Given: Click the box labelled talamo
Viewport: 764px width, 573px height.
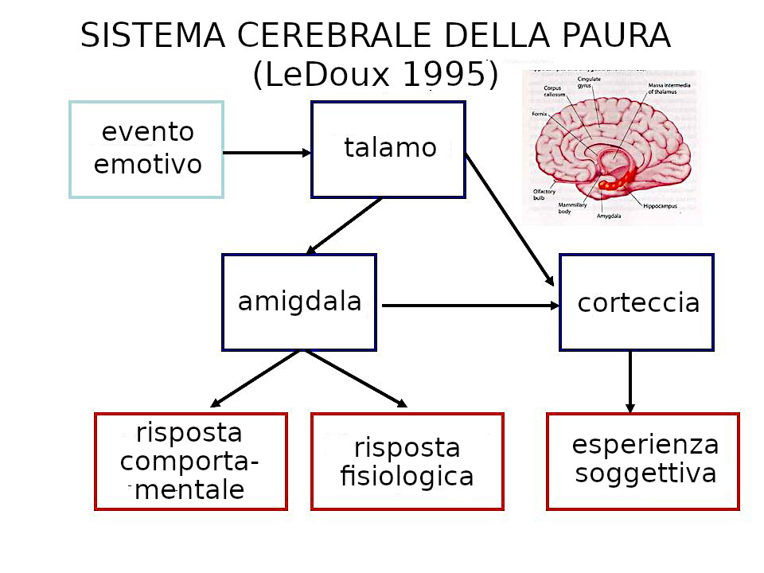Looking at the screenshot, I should coord(388,150).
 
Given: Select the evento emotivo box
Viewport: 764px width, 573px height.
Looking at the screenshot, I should coord(146,150).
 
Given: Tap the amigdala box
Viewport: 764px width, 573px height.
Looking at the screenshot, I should coord(299,302).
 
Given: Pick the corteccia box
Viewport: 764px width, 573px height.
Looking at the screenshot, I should coord(637,302).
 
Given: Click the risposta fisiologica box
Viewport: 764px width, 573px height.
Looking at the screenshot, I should coord(407,462).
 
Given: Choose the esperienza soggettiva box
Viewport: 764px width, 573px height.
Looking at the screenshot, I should coord(643,462).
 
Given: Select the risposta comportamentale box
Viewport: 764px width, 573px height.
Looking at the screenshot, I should coord(191,462).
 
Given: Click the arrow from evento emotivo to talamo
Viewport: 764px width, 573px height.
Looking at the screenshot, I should coord(267,153).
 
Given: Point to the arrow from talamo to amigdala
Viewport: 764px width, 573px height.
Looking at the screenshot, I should coord(344,226).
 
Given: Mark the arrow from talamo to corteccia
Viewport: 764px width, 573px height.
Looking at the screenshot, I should coord(509,220).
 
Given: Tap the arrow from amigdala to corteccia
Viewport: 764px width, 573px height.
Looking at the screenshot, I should coord(470,305).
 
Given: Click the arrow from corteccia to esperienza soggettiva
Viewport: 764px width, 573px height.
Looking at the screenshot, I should coord(630,382).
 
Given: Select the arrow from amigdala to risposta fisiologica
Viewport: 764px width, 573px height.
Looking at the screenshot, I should coord(355,379).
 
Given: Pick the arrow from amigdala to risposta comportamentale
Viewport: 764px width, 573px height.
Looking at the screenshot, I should coord(255,379).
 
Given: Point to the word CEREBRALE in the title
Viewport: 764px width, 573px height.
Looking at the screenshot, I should coord(322,36).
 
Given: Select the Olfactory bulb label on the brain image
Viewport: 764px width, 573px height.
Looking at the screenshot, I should coord(544,194).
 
